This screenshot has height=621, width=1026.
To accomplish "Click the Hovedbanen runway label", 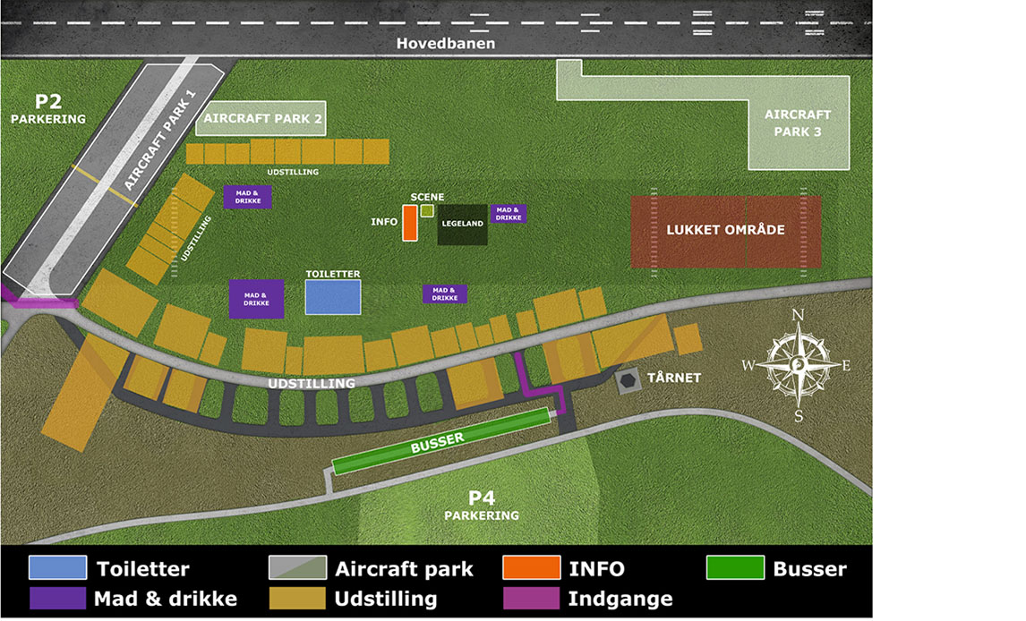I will [446, 44].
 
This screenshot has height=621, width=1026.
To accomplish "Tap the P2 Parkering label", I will [48, 107].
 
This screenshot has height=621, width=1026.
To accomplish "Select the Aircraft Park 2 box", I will [260, 118].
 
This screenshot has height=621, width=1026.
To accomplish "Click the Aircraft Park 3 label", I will [797, 123].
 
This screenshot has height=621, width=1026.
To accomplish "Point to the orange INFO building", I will [409, 223].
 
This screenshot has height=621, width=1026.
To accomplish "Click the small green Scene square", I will [427, 210].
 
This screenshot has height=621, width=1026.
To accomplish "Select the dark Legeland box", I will [462, 225].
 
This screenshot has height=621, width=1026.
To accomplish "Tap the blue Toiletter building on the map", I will [333, 297].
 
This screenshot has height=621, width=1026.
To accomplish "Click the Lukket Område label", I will [725, 230].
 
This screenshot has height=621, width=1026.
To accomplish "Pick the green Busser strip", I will [440, 440].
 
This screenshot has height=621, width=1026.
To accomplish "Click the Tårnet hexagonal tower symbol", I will [628, 381].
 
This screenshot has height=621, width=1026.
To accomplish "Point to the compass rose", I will [798, 364].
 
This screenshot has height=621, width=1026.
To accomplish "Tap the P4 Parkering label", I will [482, 506].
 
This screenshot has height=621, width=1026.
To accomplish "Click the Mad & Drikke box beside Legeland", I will [508, 214].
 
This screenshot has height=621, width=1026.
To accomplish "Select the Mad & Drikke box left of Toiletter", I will [256, 299].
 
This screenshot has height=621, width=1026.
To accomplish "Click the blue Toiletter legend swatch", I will [57, 568].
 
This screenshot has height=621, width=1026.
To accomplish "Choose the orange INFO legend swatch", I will [531, 568].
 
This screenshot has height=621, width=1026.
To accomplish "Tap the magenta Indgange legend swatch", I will [531, 598].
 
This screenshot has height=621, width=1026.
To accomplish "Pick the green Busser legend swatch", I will [734, 568].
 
